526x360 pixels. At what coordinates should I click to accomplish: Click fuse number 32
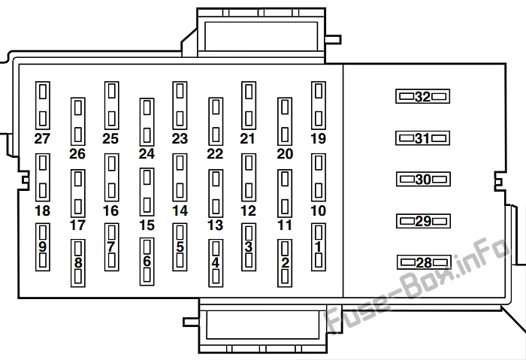click(x=422, y=96)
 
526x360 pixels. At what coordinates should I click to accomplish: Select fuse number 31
click(x=422, y=138)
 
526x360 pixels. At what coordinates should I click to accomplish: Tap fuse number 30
click(x=423, y=179)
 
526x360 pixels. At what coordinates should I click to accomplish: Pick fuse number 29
click(x=423, y=221)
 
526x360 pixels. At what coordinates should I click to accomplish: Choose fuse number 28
click(x=424, y=262)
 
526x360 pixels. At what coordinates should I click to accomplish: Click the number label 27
click(x=42, y=138)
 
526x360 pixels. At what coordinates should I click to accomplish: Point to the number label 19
click(x=319, y=138)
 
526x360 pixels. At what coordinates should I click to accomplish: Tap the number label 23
click(x=180, y=138)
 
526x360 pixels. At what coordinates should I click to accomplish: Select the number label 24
click(x=147, y=153)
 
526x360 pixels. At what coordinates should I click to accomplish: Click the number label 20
click(x=285, y=153)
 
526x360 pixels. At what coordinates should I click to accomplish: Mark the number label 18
click(x=42, y=210)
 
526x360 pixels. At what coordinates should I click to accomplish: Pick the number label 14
click(x=180, y=210)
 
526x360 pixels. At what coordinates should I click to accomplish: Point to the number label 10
click(x=319, y=210)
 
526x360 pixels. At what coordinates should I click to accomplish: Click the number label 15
click(x=147, y=225)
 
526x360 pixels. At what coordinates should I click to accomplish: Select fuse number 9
click(x=43, y=247)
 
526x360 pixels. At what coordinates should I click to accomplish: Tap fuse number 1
click(x=319, y=247)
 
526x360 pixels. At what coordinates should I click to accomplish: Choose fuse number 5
click(x=180, y=247)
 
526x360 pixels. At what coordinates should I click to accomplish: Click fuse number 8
click(x=78, y=263)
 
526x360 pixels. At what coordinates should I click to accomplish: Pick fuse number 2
click(x=285, y=263)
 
